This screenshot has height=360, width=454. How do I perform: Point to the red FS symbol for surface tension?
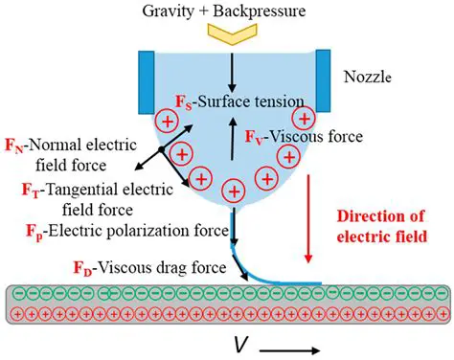pos(182,101)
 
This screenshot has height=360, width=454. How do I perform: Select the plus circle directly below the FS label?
pos(167,123)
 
